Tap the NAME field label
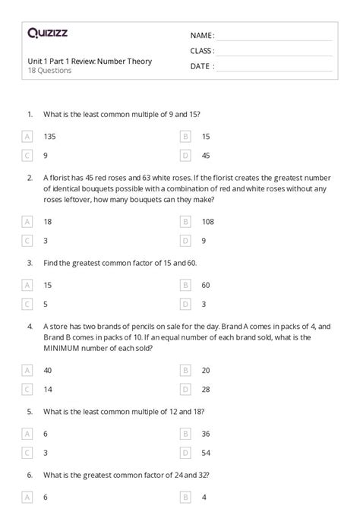point(201,36)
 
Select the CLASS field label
point(201,51)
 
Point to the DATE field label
point(201,66)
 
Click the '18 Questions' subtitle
point(49,71)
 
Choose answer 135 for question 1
point(50,136)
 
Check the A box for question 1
point(27,136)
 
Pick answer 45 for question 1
point(206,155)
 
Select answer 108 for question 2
point(207,221)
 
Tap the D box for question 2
point(185,240)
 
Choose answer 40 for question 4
point(48,370)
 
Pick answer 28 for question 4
point(206,389)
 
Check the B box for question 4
point(185,370)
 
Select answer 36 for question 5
point(206,434)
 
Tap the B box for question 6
point(185,497)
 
